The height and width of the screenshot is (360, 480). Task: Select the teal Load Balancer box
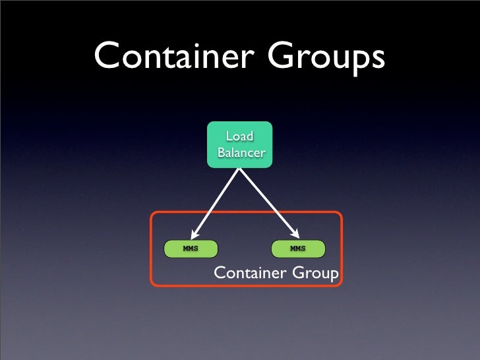[x=239, y=144]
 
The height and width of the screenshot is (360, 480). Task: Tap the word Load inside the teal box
[x=239, y=136]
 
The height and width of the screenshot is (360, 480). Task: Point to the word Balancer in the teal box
[x=241, y=153]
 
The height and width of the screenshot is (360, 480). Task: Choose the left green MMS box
[x=191, y=249]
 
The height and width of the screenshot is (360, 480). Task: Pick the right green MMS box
[x=298, y=249]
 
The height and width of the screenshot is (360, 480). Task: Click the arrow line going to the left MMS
[x=216, y=201]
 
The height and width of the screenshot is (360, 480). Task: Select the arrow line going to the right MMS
[x=267, y=201]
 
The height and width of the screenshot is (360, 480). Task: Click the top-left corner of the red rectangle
[x=153, y=214]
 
